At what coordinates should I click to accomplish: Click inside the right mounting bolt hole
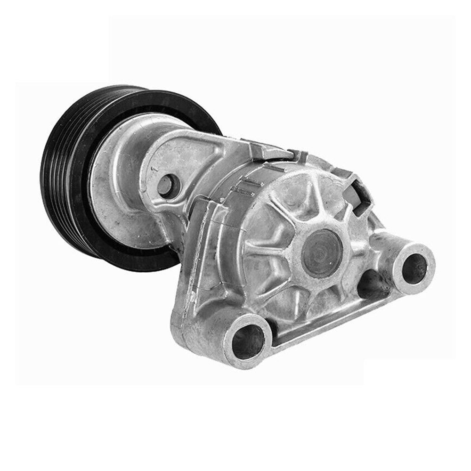414,267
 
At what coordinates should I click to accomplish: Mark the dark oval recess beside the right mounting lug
372,285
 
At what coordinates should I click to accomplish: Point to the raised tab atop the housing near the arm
268,150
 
